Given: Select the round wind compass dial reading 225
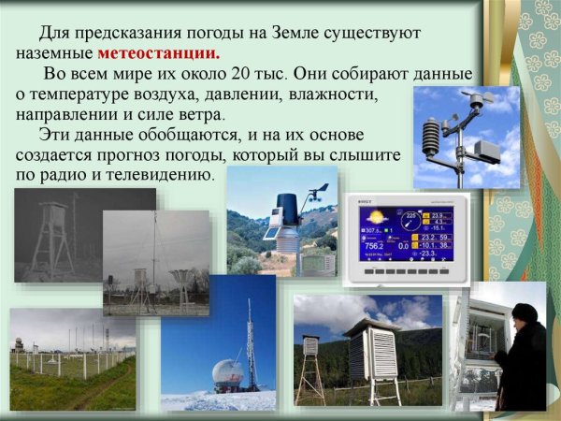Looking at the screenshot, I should pyautogui.click(x=409, y=225).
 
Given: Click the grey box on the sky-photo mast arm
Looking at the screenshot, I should pyautogui.click(x=486, y=151).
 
